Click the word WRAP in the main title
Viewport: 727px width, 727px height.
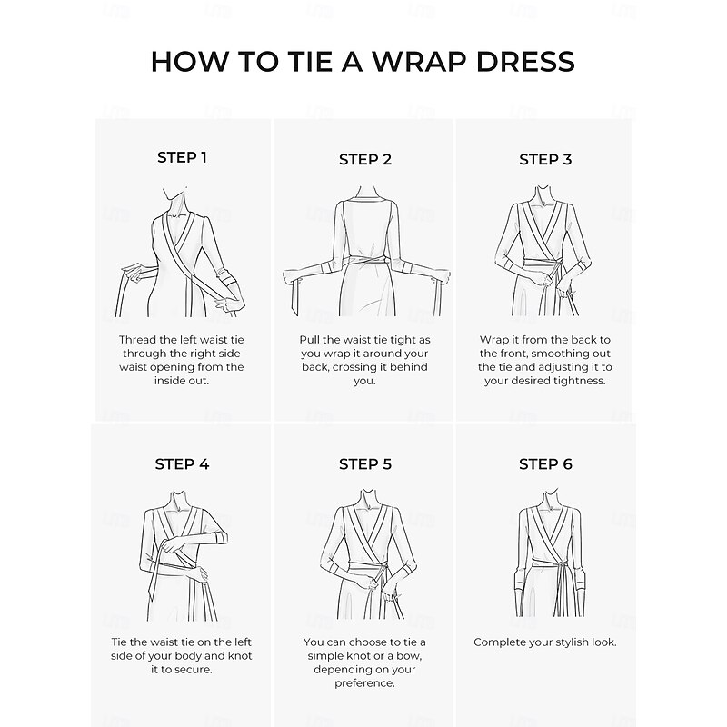(x=420, y=61)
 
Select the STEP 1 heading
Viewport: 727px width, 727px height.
(x=182, y=157)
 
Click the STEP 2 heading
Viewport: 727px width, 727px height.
(x=365, y=160)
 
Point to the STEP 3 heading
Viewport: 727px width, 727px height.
(x=545, y=160)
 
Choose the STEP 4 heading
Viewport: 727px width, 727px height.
(x=182, y=464)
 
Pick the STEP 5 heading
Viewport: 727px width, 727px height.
(x=365, y=464)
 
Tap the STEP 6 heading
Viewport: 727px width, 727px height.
(x=545, y=464)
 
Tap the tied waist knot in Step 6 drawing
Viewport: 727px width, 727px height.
(x=561, y=565)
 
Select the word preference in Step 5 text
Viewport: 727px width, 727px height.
(x=364, y=683)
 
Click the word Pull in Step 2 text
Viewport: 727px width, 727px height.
(x=309, y=340)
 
